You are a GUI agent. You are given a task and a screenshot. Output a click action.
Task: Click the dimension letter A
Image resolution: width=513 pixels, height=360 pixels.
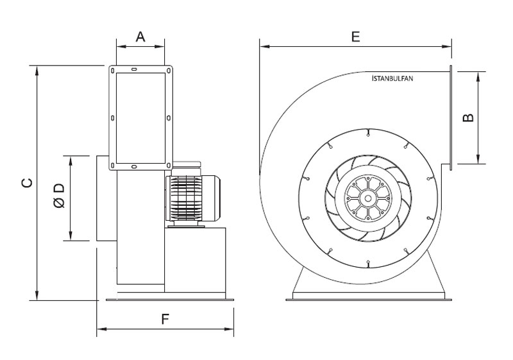tap(140, 37)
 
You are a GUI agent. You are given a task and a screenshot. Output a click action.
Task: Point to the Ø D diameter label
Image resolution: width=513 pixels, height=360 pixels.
tap(58, 196)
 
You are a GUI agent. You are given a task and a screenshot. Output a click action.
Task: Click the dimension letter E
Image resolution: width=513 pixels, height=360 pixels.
tap(355, 37)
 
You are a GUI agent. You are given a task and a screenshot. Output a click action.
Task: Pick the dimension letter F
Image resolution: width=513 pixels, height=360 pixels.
tap(165, 319)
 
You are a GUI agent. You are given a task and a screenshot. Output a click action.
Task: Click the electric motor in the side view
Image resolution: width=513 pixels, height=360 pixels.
tap(193, 198)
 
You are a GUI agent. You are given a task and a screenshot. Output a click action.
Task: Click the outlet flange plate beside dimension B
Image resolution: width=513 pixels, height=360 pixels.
tap(451, 117)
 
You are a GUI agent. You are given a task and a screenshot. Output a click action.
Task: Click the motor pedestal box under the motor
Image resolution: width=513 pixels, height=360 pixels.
tap(195, 260)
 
